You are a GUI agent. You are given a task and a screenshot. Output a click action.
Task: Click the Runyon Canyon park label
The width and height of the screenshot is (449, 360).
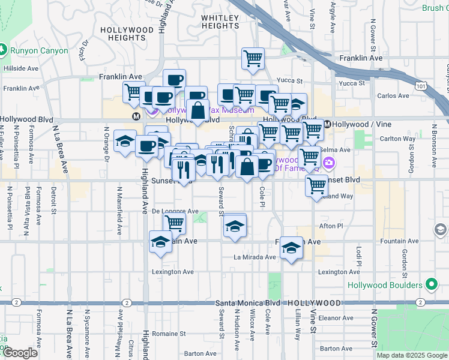click(40, 50)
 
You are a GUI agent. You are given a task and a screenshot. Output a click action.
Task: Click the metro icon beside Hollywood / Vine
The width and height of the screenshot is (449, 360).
click(327, 124)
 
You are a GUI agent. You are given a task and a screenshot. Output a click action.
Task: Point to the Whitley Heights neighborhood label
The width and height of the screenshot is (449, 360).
click(220, 22)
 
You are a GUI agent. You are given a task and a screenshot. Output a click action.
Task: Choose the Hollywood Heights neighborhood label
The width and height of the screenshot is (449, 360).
click(127, 34)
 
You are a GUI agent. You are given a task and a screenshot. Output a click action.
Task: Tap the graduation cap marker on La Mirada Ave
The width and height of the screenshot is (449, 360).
click(291, 247)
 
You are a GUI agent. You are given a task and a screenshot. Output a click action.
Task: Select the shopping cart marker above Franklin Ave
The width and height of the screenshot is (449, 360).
click(253, 59)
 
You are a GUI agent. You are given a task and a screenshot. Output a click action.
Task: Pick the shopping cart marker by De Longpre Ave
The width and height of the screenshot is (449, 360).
click(174, 223)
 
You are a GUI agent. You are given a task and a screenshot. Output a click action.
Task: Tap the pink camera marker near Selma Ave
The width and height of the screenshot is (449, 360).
click(329, 163)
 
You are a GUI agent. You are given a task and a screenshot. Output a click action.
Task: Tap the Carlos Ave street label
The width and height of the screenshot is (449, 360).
click(393, 95)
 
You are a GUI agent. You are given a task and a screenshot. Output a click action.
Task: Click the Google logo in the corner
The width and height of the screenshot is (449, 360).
click(20, 353)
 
